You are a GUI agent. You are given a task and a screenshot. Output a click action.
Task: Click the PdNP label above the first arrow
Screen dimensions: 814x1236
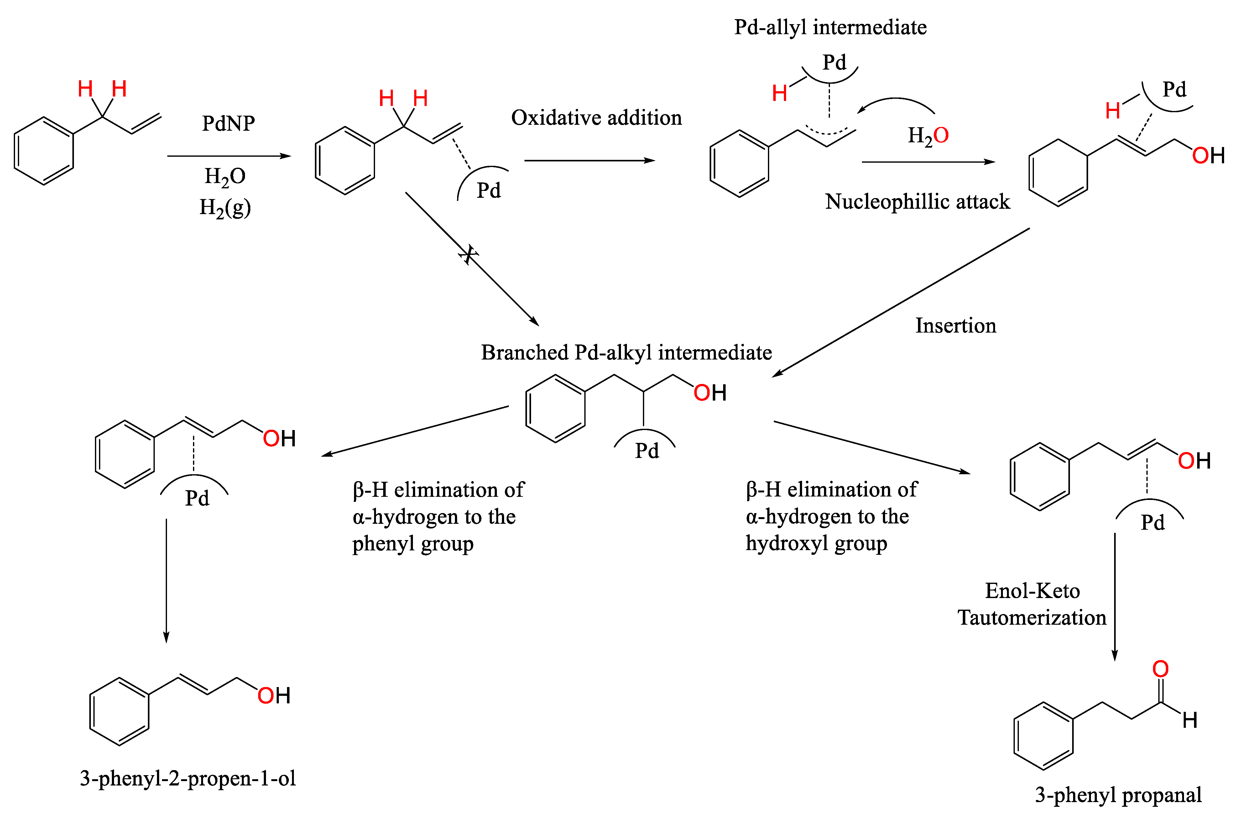tap(228, 123)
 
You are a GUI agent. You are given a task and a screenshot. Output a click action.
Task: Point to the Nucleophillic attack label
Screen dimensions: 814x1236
tap(917, 202)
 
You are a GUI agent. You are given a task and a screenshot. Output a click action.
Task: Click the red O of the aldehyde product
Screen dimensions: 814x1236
tap(1160, 669)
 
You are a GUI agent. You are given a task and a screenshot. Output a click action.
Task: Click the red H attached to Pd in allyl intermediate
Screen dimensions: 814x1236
tap(779, 93)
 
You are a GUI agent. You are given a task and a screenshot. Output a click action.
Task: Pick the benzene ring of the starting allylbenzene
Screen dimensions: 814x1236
tap(44, 151)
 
